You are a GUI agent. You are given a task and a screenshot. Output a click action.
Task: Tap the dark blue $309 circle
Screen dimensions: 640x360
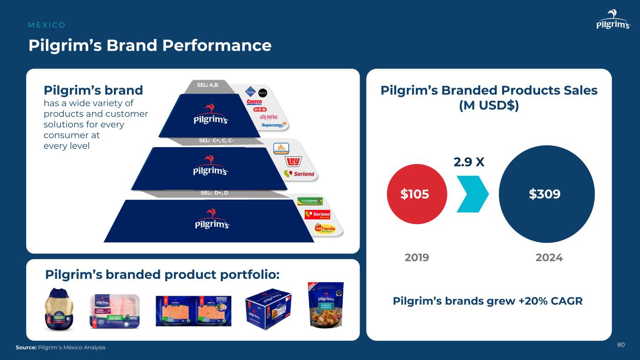(547, 194)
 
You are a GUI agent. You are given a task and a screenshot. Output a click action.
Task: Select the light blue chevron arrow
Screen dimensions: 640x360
(472, 194)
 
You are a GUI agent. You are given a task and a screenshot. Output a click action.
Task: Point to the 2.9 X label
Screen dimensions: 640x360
(468, 162)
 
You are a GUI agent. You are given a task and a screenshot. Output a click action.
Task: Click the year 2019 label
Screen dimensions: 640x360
(416, 258)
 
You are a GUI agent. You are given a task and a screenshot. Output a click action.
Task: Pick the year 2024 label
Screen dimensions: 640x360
(549, 258)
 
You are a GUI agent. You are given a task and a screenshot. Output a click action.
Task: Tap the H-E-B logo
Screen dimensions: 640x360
(260, 109)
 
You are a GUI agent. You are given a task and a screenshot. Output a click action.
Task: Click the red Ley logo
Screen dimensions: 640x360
(292, 162)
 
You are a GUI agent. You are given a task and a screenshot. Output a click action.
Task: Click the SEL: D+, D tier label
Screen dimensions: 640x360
(214, 193)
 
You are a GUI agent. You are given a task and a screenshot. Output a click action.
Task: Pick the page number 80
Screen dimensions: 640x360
(621, 345)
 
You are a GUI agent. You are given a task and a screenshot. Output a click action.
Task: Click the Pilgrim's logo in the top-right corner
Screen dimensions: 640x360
(613, 21)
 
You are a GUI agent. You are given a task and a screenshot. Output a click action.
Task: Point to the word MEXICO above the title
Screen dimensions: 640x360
(47, 25)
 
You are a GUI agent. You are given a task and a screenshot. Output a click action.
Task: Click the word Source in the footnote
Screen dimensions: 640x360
(26, 347)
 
